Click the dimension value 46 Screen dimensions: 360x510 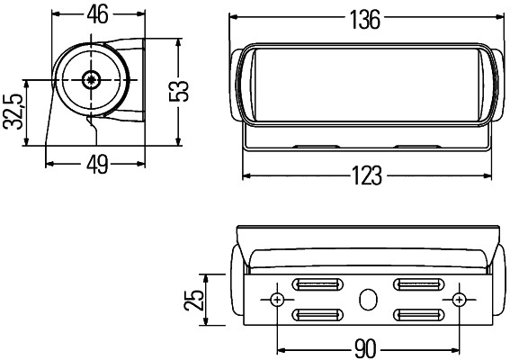[x=96, y=15]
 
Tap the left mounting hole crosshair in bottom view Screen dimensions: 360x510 [x=278, y=299]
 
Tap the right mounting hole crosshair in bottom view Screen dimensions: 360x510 [x=460, y=299]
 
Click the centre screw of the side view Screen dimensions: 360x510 [x=90, y=80]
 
